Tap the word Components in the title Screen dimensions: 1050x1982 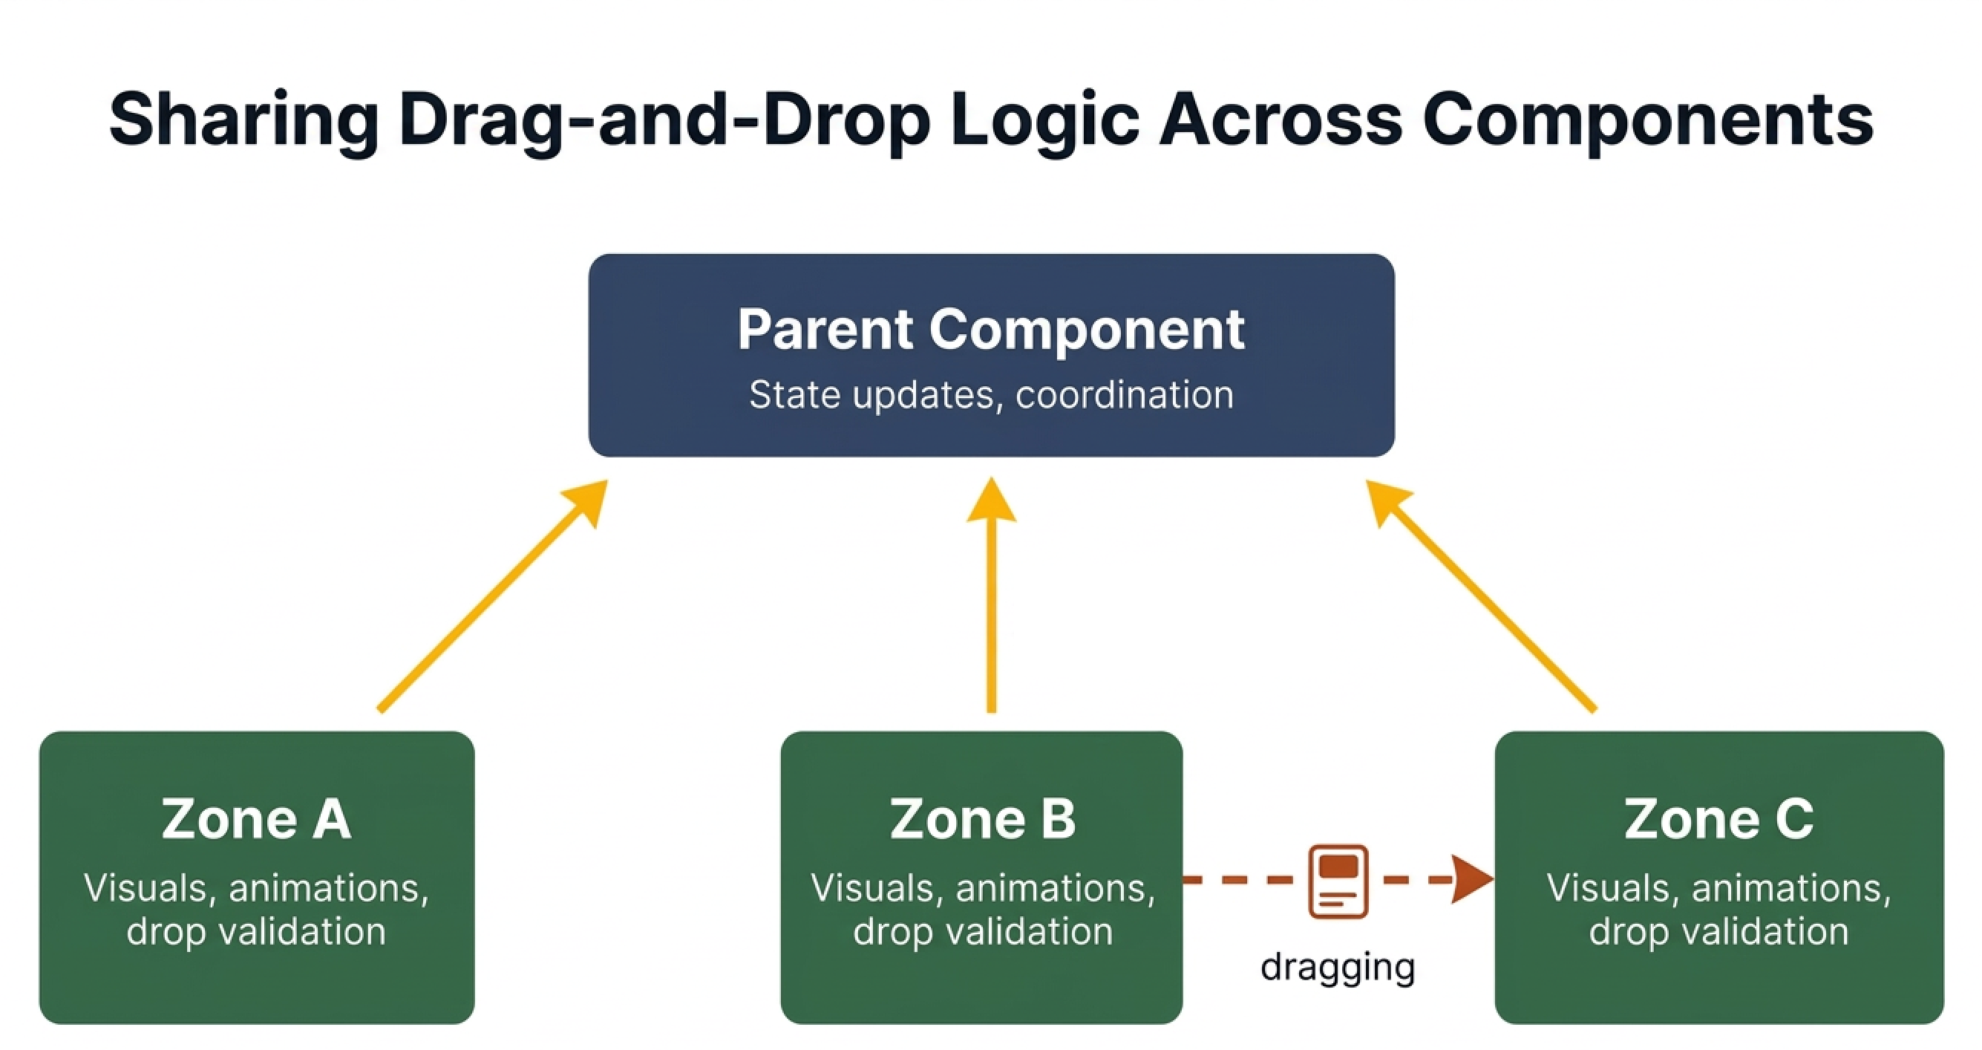(x=1646, y=120)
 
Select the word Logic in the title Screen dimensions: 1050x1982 (x=1044, y=120)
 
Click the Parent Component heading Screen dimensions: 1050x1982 (x=991, y=330)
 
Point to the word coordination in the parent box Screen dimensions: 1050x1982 (x=1124, y=395)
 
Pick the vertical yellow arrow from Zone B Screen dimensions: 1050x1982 (x=991, y=608)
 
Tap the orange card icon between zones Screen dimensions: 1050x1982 (x=1338, y=881)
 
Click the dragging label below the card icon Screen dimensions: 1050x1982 (x=1338, y=968)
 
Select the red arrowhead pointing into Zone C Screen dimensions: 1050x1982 (x=1471, y=878)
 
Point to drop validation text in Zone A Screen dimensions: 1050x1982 (x=256, y=931)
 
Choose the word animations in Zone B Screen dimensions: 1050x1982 (x=1055, y=887)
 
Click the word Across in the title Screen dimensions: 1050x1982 (x=1281, y=120)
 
